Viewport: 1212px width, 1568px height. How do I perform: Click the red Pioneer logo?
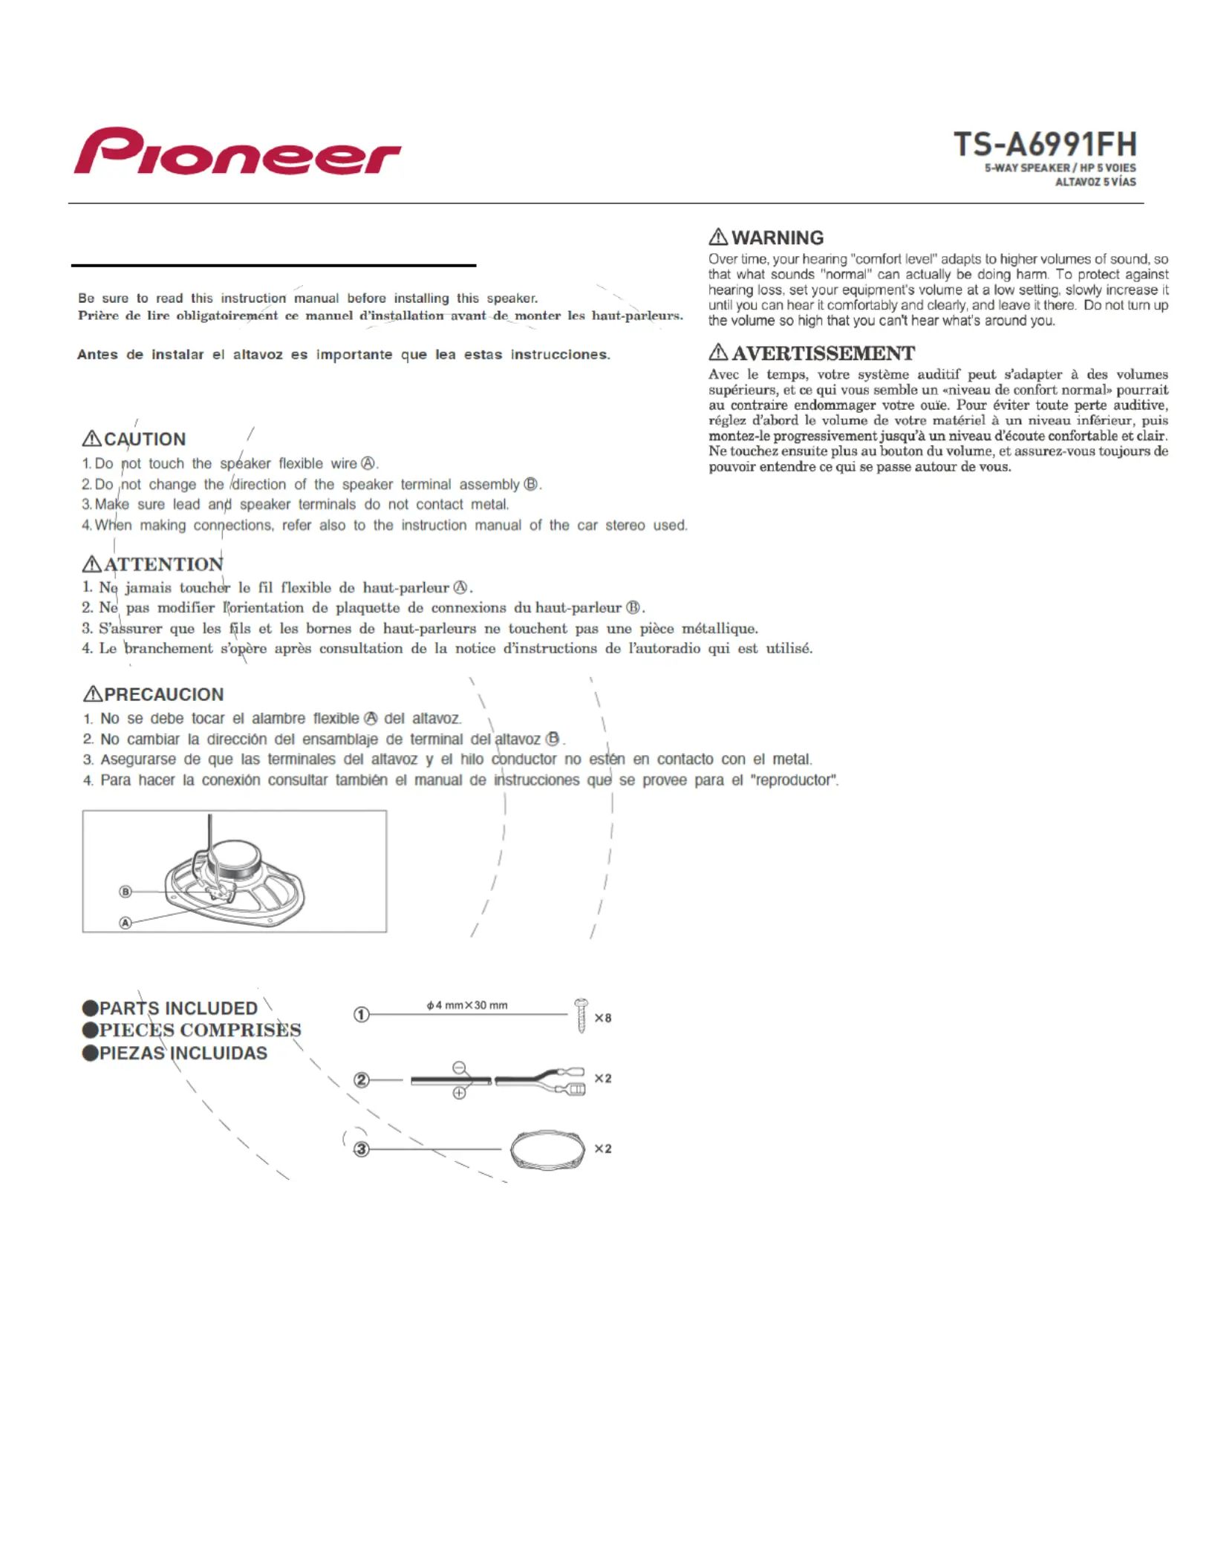(x=237, y=151)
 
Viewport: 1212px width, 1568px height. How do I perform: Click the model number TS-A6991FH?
(x=1044, y=144)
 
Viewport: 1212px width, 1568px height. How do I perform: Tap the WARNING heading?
(x=777, y=238)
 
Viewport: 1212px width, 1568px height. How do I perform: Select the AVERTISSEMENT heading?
(x=823, y=353)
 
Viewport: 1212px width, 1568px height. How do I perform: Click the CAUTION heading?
(x=145, y=440)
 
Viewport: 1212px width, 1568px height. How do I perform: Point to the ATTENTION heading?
(x=163, y=564)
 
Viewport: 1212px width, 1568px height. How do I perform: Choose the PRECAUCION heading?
(x=163, y=694)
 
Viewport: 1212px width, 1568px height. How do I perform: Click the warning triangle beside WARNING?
(x=718, y=237)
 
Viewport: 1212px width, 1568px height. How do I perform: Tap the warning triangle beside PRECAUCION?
(x=92, y=694)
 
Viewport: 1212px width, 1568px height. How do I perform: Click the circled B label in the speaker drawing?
(x=126, y=892)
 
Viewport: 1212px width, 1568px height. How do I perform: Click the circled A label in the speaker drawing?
(x=126, y=923)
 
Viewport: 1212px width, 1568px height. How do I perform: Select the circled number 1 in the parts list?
(x=361, y=1015)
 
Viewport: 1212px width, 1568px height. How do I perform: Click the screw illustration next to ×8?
(x=581, y=1016)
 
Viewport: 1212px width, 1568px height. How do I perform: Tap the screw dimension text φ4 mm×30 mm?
(x=467, y=1005)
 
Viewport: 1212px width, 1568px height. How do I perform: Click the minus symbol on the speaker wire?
(x=460, y=1068)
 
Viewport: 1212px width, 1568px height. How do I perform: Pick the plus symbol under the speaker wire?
(x=460, y=1093)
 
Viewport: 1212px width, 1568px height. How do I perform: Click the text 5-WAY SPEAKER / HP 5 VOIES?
(x=1060, y=168)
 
